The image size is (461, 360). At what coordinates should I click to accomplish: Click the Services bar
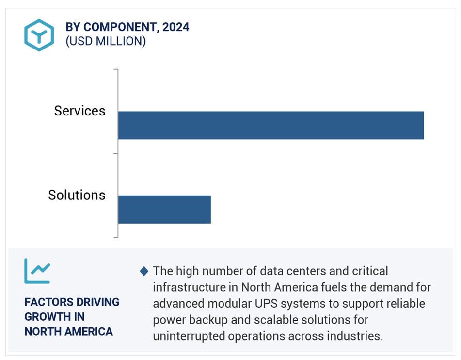point(271,125)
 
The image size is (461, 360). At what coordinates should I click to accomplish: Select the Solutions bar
point(164,209)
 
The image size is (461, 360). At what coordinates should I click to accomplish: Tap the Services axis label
point(79,111)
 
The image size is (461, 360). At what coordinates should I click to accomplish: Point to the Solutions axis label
point(77,195)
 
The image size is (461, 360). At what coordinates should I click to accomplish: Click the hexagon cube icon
point(39,35)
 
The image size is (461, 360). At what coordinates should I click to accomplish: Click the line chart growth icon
point(37,271)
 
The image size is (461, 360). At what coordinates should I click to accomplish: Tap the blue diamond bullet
point(144,271)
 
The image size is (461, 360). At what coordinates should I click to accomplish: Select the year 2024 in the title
point(176,27)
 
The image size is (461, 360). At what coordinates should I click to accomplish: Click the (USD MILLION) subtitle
point(106,41)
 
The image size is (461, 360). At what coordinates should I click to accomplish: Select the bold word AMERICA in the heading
point(89,332)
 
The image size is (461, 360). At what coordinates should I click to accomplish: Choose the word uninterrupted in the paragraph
point(189,336)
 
